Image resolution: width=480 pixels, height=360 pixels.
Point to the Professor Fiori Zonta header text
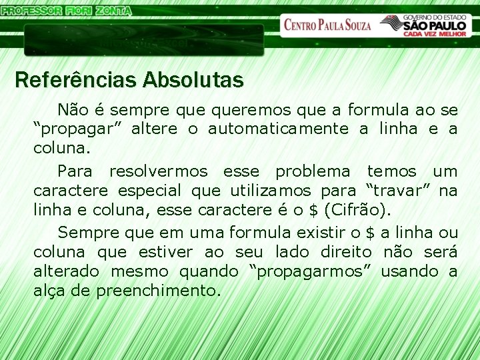click(x=67, y=10)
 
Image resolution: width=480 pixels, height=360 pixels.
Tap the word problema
click(x=312, y=172)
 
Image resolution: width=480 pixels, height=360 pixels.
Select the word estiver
click(x=164, y=252)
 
